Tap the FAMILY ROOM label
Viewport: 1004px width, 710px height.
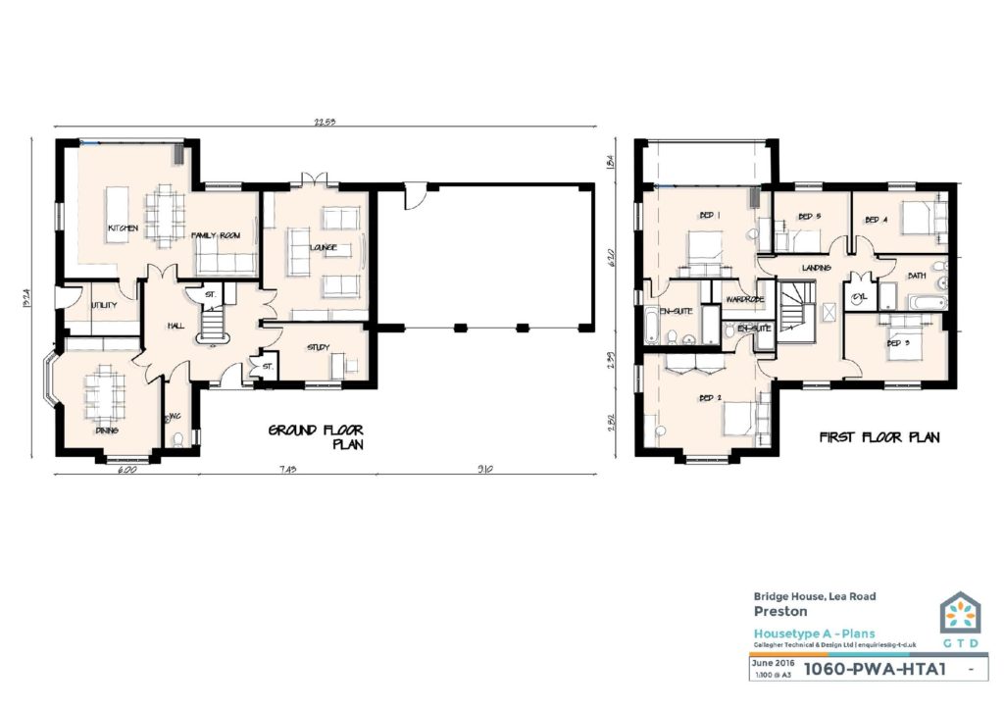[x=216, y=235]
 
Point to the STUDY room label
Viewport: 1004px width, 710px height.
[x=318, y=346]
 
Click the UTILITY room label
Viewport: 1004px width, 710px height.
[x=103, y=305]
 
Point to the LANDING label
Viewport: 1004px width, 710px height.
[x=816, y=268]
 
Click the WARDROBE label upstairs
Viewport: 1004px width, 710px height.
[x=744, y=299]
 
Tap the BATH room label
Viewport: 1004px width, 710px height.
[x=917, y=276]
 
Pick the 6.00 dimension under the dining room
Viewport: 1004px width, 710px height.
[x=126, y=470]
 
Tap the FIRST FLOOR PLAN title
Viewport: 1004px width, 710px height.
[x=879, y=437]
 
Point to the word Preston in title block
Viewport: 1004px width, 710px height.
[x=774, y=611]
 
